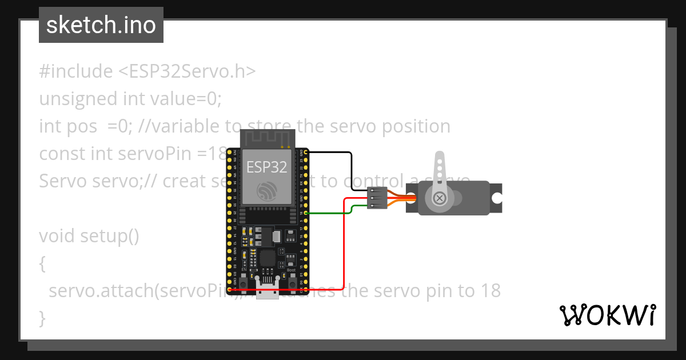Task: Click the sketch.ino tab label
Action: click(x=101, y=25)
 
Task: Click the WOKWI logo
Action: click(x=607, y=315)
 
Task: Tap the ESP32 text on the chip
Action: click(x=266, y=167)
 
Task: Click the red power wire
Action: click(x=343, y=246)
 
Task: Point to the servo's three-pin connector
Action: click(x=377, y=198)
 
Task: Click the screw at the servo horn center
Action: click(x=439, y=198)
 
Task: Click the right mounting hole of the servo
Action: click(x=496, y=198)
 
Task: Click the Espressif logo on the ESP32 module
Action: click(x=266, y=190)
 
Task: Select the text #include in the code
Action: click(x=76, y=71)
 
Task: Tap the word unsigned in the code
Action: click(x=78, y=99)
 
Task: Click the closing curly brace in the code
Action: click(x=42, y=317)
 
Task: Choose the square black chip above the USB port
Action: click(x=267, y=258)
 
